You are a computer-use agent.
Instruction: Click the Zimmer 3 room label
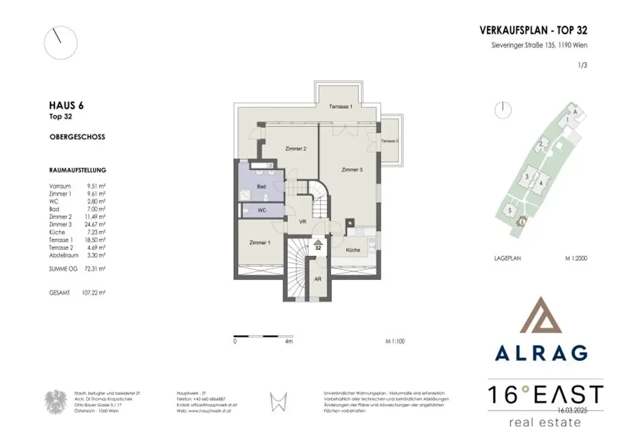[352, 170]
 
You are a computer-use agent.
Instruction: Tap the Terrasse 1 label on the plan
[340, 106]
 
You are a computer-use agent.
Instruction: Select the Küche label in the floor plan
[353, 250]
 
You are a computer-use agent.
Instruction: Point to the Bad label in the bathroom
[261, 187]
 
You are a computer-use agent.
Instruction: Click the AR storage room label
[318, 279]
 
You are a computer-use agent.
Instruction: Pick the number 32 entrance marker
[317, 247]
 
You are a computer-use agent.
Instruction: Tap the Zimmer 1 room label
[261, 242]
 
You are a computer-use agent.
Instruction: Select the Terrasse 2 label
[389, 141]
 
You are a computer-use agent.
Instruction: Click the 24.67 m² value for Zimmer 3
[97, 225]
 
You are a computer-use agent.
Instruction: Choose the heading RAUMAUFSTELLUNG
[77, 171]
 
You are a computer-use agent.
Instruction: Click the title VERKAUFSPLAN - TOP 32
[533, 30]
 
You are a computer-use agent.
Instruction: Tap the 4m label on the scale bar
[288, 342]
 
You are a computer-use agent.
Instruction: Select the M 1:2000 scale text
[576, 258]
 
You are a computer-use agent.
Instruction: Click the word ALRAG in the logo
[541, 352]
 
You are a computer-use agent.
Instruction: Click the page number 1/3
[582, 66]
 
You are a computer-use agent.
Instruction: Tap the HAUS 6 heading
[66, 105]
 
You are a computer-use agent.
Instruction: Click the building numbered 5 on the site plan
[510, 210]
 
